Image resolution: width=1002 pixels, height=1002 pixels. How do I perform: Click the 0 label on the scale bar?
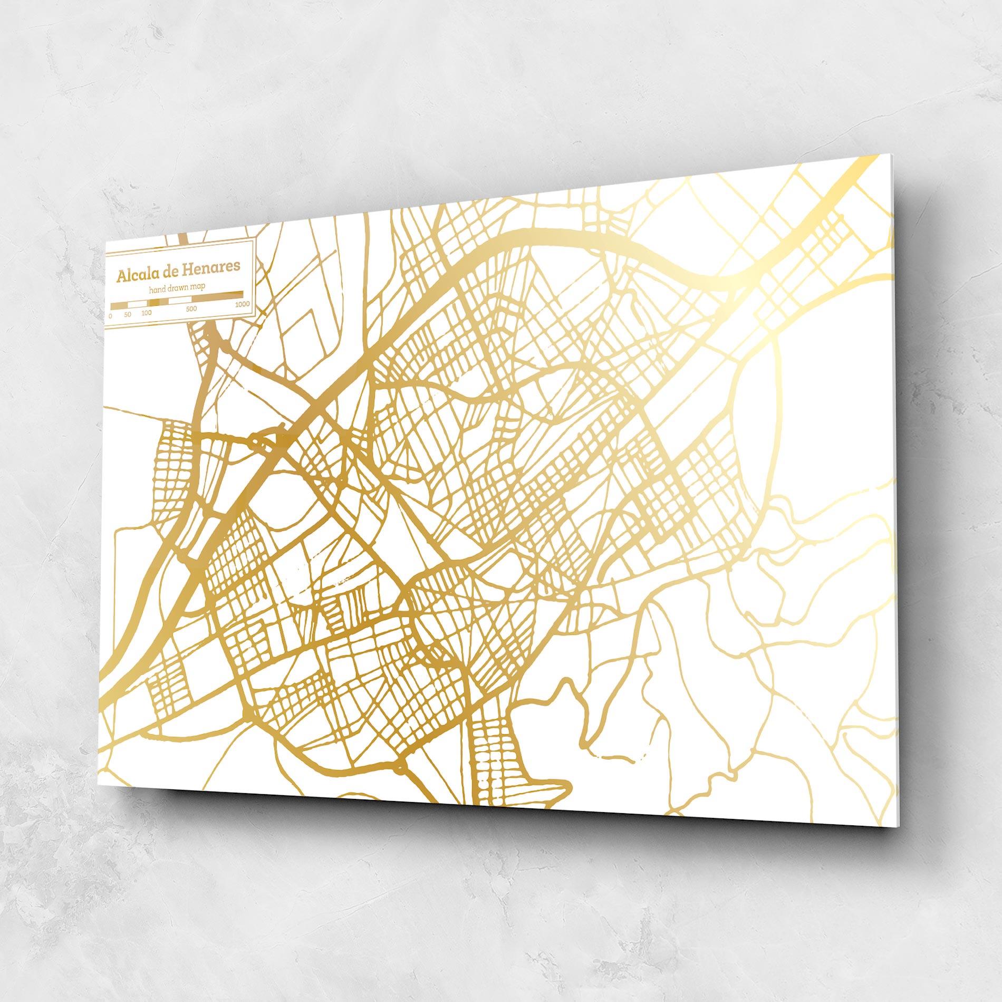[110, 316]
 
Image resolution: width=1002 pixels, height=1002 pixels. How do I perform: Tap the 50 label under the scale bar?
[128, 314]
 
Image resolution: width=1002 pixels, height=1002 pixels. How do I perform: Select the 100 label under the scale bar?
[147, 313]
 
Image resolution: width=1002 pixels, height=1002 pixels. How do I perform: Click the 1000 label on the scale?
[243, 304]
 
